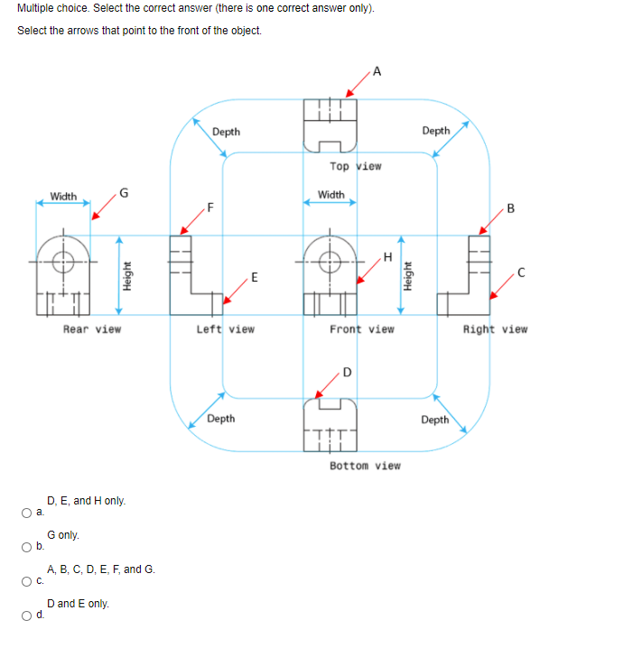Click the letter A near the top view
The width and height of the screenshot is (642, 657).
377,71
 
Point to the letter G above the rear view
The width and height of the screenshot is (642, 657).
124,191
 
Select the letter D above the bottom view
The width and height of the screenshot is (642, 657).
347,373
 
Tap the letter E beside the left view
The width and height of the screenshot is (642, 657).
254,276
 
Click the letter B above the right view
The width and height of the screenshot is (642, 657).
511,209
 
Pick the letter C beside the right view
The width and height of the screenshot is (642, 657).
521,272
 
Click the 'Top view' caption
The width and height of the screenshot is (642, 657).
356,166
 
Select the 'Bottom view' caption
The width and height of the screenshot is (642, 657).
365,466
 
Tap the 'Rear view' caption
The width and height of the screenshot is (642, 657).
91,329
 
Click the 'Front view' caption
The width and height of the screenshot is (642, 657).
361,329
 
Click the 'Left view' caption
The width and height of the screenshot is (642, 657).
225,329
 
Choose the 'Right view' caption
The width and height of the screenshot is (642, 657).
495,329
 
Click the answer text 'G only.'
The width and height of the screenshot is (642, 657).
63,535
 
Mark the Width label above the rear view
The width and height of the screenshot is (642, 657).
63,196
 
